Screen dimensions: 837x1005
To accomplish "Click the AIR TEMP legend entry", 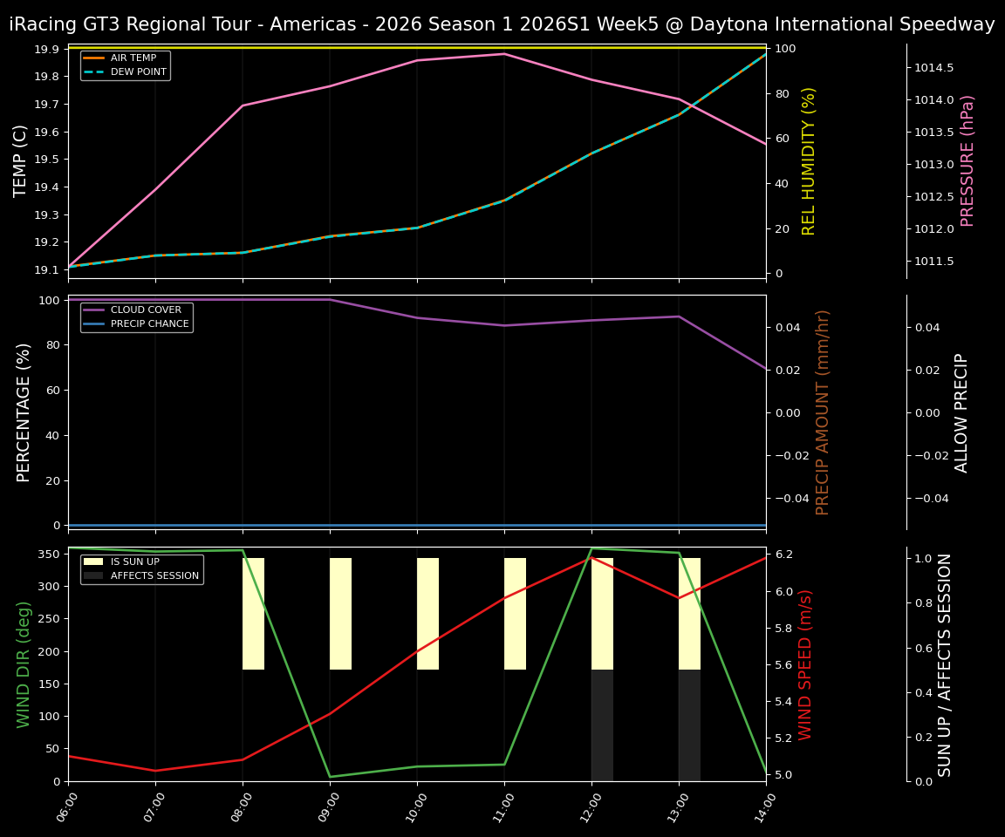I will tap(133, 58).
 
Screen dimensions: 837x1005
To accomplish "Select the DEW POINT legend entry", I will tap(138, 71).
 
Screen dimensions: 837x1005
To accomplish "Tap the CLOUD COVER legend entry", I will tap(146, 310).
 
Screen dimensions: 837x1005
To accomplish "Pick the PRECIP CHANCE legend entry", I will tap(149, 324).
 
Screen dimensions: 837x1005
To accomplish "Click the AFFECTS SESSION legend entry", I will tap(154, 576).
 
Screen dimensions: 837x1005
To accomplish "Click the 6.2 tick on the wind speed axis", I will tap(783, 555).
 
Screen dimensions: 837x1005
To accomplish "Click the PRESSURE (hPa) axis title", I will tap(967, 160).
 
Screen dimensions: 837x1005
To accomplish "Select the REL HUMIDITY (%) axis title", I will tap(809, 160).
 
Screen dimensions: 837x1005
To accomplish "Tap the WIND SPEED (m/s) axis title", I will tap(805, 664).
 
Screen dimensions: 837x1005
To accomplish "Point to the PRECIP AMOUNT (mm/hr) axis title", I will tap(823, 412).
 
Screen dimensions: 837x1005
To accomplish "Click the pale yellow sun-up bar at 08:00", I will tap(253, 614).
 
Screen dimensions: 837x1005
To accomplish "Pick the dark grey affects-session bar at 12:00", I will tap(602, 725).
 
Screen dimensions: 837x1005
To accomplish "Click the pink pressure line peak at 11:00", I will tap(504, 54).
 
